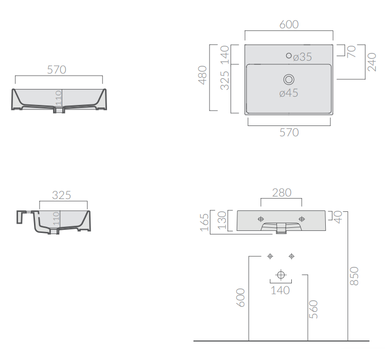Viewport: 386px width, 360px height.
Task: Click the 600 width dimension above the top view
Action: (x=289, y=24)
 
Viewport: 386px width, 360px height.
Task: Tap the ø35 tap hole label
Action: (x=302, y=57)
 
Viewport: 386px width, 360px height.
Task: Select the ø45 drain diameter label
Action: (x=289, y=93)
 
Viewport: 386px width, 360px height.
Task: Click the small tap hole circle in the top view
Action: (x=289, y=56)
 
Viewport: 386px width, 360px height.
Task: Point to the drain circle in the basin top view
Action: (x=289, y=80)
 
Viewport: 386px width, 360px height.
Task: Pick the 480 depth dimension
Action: (x=203, y=75)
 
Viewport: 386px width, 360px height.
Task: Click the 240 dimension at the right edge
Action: (x=372, y=62)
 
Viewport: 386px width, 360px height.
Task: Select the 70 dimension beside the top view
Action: (x=352, y=51)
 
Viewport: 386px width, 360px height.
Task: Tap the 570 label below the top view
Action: (x=289, y=133)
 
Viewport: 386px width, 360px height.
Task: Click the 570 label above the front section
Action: (x=57, y=69)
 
